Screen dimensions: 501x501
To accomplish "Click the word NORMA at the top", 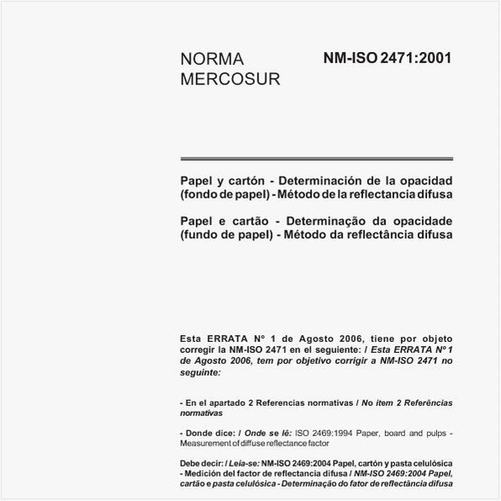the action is click(212, 59).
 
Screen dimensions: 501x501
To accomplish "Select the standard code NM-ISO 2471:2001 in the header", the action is click(387, 59).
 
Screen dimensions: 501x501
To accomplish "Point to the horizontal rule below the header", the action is click(317, 157).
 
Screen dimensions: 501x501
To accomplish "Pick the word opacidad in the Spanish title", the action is click(424, 180).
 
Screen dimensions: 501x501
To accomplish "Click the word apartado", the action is click(221, 404).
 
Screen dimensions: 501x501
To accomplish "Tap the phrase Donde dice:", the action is click(205, 433).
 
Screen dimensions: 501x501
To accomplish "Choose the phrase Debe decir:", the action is click(201, 463).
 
